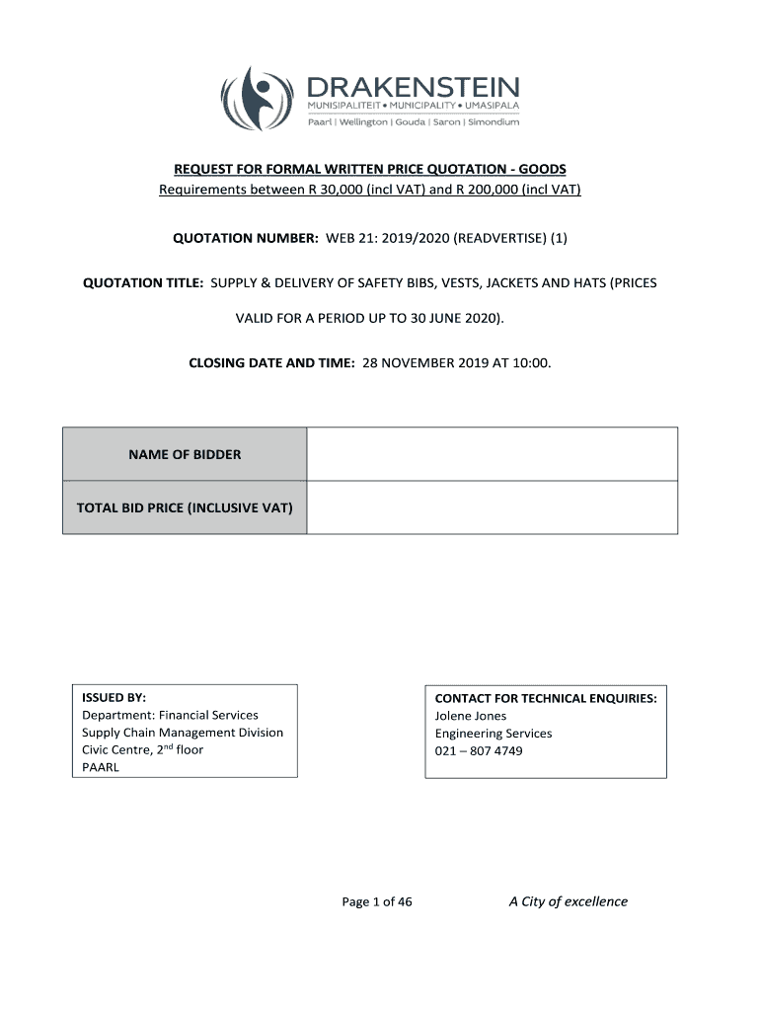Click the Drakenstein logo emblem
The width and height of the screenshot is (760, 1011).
[x=259, y=98]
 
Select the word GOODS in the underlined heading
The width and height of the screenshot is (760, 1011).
[x=538, y=169]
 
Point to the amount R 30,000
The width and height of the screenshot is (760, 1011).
[x=326, y=189]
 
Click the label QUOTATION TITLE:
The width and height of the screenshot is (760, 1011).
[x=143, y=282]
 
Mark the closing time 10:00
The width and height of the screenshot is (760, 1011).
[x=534, y=362]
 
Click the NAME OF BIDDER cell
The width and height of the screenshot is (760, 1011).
[x=185, y=454]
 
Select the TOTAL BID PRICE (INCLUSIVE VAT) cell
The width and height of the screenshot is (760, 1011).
[x=185, y=507]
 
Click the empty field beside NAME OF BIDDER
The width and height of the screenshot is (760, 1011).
[x=492, y=454]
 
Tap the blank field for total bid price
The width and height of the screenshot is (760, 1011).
[x=492, y=507]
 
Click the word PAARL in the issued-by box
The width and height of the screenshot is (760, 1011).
[x=101, y=767]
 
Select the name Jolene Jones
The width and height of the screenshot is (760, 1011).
[x=471, y=716]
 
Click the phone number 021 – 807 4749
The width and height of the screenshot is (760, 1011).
[x=479, y=751]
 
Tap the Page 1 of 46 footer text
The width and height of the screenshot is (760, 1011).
[x=377, y=901]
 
